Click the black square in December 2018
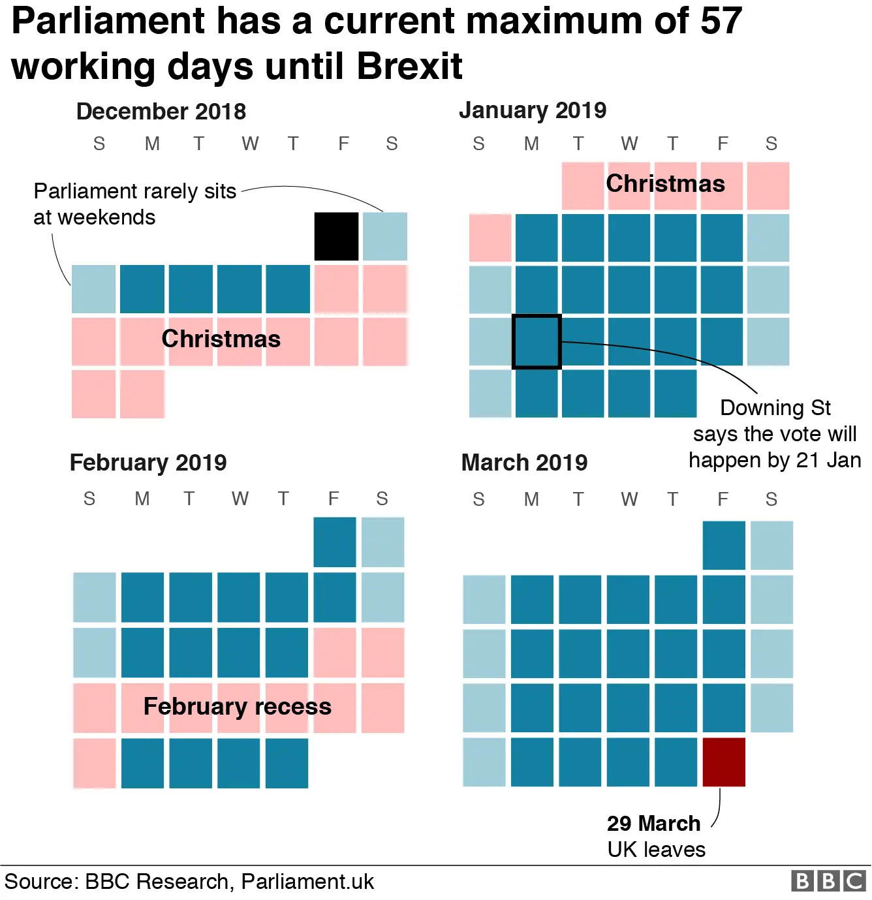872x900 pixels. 336,236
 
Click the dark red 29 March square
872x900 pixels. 724,762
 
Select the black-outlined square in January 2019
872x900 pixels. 537,341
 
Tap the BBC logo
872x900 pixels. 828,881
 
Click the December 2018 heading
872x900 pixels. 161,112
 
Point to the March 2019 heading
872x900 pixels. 524,463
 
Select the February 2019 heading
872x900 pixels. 148,463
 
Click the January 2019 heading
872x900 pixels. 533,110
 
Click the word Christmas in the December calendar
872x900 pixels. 221,339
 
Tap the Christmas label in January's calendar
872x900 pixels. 665,183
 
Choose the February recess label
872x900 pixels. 237,706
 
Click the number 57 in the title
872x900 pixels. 721,21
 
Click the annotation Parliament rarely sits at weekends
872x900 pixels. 134,204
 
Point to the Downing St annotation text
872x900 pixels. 775,434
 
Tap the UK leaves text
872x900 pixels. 656,849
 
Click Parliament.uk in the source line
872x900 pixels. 307,882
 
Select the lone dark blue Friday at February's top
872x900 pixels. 335,542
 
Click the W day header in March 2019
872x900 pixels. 629,499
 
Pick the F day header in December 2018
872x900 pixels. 343,144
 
